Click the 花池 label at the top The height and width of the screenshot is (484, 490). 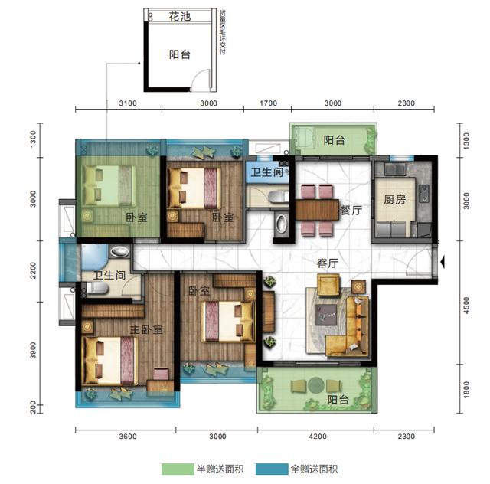180,15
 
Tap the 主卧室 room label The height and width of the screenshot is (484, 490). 146,329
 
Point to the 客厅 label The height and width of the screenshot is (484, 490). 328,262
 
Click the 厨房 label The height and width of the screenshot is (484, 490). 394,200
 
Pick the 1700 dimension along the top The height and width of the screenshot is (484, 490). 269,103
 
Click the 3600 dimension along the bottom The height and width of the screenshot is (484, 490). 127,437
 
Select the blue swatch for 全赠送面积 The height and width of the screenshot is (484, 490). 270,469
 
